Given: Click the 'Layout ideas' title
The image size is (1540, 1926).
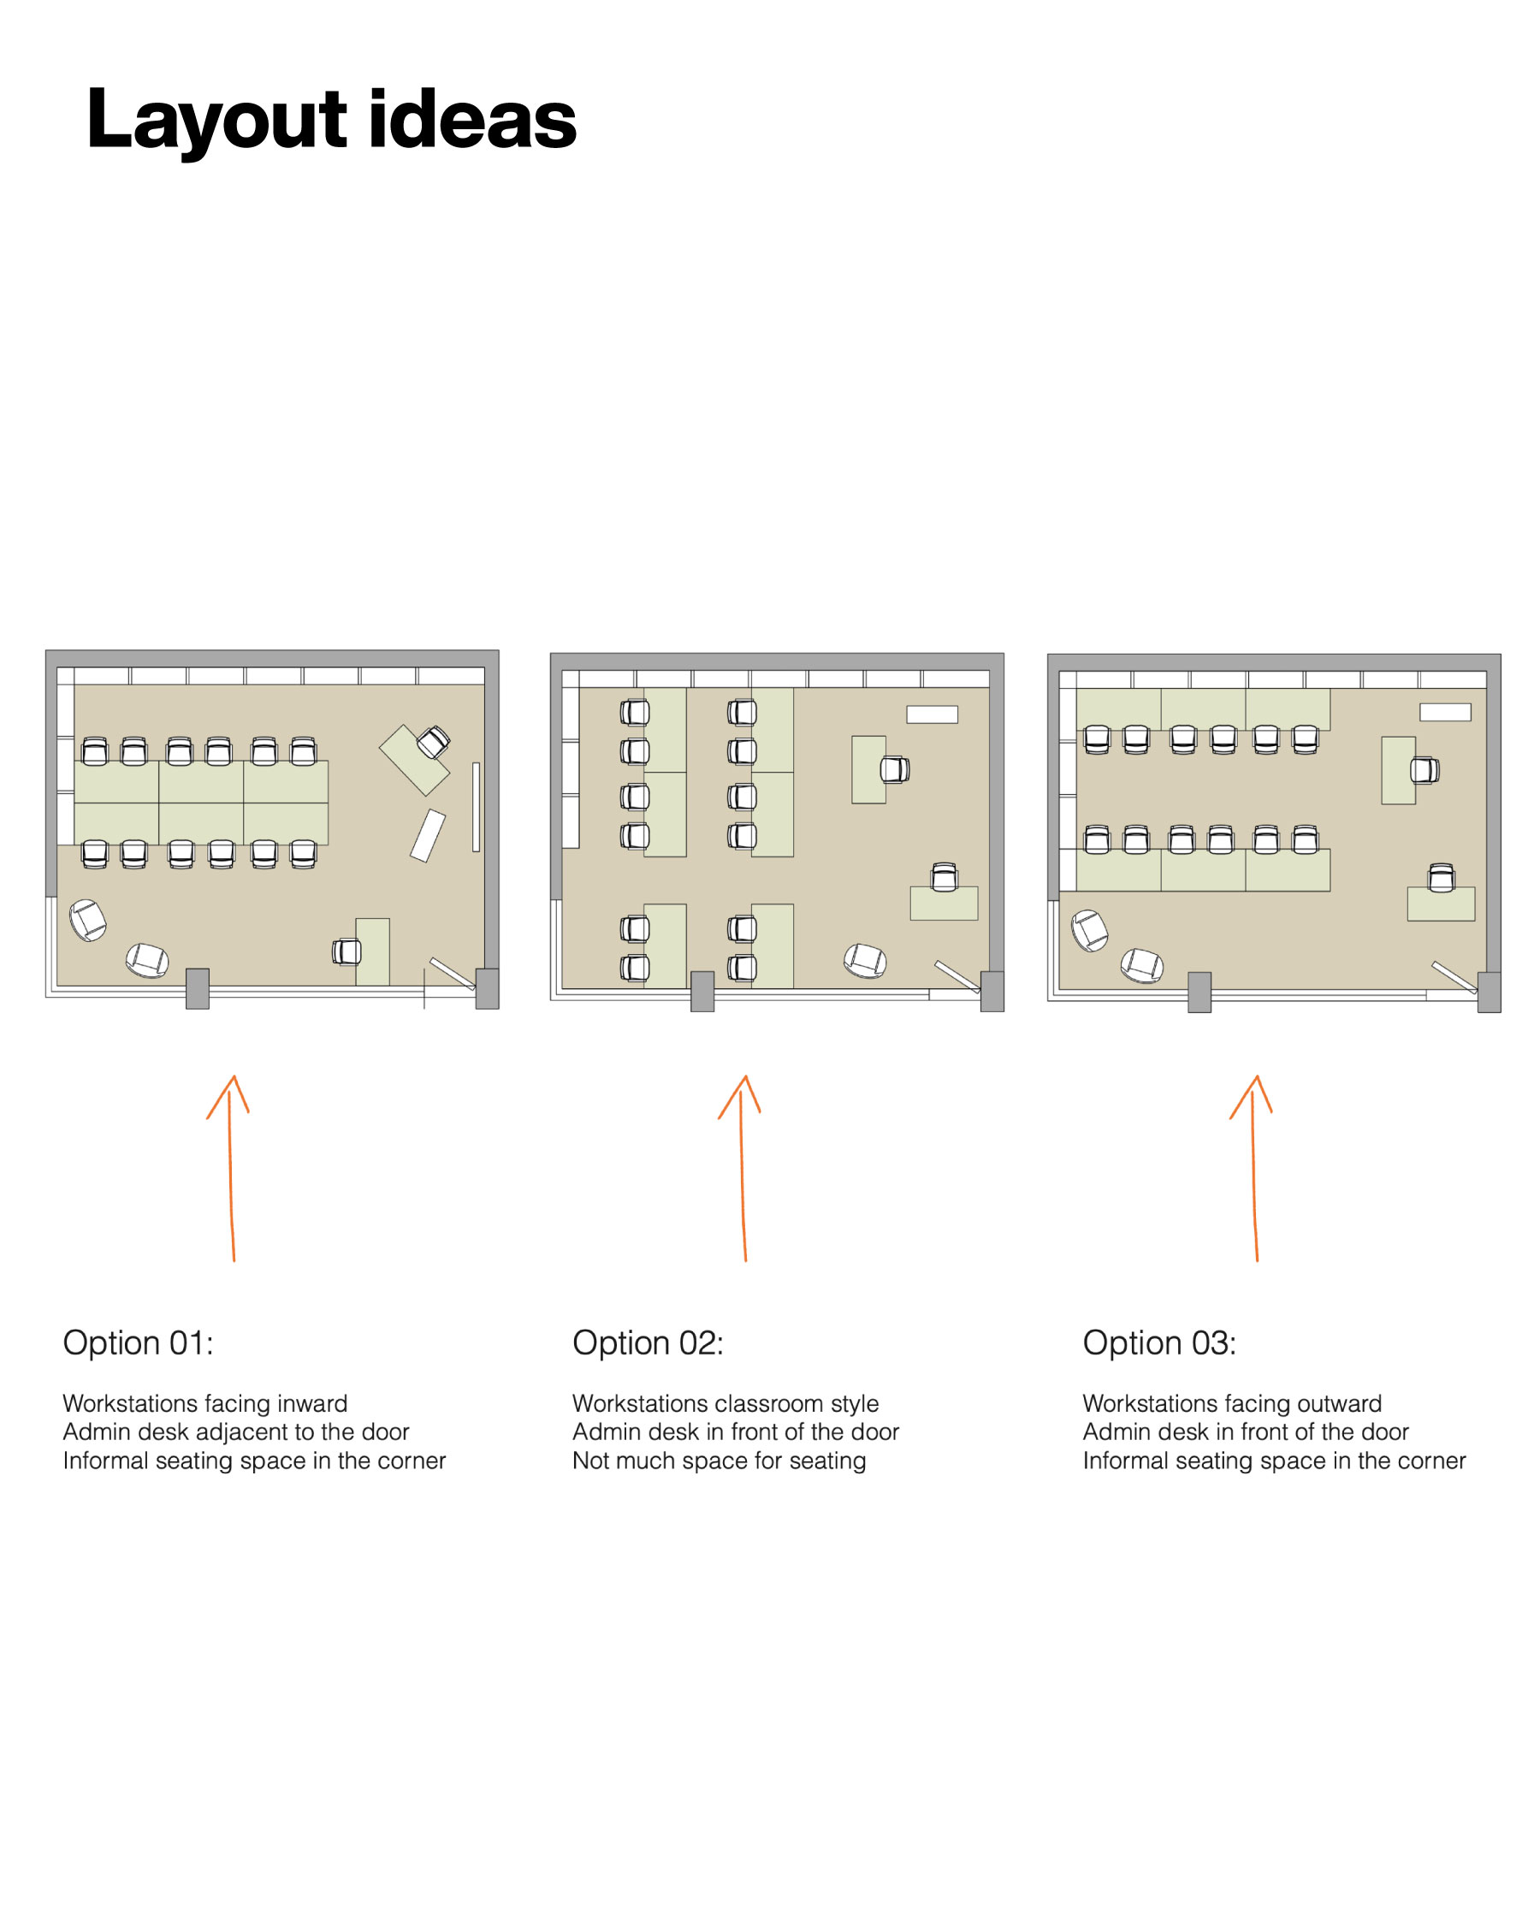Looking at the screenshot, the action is (330, 120).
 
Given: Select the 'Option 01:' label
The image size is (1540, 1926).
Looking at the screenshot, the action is (139, 1342).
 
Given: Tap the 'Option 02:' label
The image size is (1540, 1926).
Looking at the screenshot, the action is (648, 1342).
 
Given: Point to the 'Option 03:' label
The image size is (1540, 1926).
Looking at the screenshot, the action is (1159, 1342).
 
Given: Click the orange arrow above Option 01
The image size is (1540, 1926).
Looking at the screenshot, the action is (230, 1169).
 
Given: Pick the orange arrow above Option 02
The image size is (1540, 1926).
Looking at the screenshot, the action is (743, 1169).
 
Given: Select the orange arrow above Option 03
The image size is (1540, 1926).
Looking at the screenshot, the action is (1254, 1169).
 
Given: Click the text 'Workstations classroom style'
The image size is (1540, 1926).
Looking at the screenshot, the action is (726, 1403).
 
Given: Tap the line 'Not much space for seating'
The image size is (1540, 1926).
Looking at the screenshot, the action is (719, 1461).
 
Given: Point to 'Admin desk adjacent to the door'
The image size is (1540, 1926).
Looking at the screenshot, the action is (236, 1432).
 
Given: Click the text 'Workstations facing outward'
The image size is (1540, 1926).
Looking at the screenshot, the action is (1232, 1403).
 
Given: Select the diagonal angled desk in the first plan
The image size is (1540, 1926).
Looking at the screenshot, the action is (413, 760).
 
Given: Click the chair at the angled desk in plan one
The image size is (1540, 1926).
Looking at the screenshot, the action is (433, 742).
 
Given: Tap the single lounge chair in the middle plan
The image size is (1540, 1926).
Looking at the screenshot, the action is (865, 961).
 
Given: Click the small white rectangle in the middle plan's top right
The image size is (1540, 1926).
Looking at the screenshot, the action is (932, 714).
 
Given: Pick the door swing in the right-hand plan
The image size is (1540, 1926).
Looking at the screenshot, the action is (1454, 976).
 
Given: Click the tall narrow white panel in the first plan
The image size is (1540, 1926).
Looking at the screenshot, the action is (476, 807).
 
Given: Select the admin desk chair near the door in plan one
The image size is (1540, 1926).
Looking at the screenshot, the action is (346, 952).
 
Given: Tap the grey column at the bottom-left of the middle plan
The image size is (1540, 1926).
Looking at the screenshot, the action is (702, 992).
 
